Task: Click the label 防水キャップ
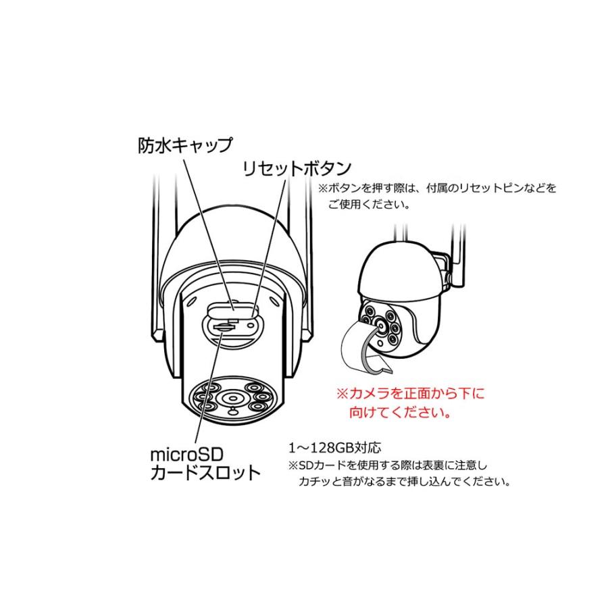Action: pos(185,145)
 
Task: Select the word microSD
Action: pos(185,451)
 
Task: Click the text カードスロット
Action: pos(205,472)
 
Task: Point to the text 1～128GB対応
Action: pos(335,447)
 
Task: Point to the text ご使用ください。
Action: pos(369,204)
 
